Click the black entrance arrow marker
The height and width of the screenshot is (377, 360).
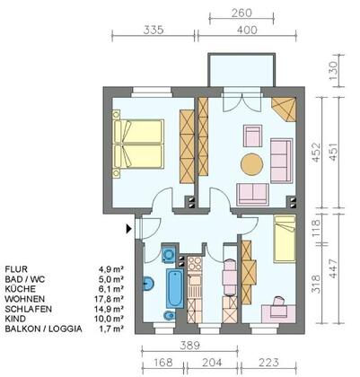tap(128, 229)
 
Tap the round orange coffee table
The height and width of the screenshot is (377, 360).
tap(252, 164)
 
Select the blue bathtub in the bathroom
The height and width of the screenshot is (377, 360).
tap(175, 288)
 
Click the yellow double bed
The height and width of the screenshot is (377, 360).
tap(138, 144)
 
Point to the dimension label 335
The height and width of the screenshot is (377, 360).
tap(154, 31)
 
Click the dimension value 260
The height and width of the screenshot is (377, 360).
tap(241, 13)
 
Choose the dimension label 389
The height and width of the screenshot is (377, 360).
tap(189, 346)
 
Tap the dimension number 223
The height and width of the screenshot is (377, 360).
tap(268, 363)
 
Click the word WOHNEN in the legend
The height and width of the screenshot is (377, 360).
tap(24, 299)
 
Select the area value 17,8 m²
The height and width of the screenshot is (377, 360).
tap(109, 299)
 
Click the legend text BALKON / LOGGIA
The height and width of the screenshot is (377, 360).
tap(43, 329)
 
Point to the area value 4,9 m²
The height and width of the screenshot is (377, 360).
tap(111, 269)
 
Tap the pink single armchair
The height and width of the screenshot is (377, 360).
tap(252, 136)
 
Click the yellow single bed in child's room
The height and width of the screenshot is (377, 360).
tap(285, 239)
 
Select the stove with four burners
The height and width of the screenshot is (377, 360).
tap(195, 264)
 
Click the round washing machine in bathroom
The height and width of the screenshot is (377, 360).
tap(170, 254)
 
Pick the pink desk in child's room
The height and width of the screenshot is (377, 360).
tap(278, 314)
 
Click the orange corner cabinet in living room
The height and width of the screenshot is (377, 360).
tap(285, 110)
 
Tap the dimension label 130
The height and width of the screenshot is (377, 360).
tap(333, 71)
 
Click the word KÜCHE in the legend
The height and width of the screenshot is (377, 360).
tap(20, 289)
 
